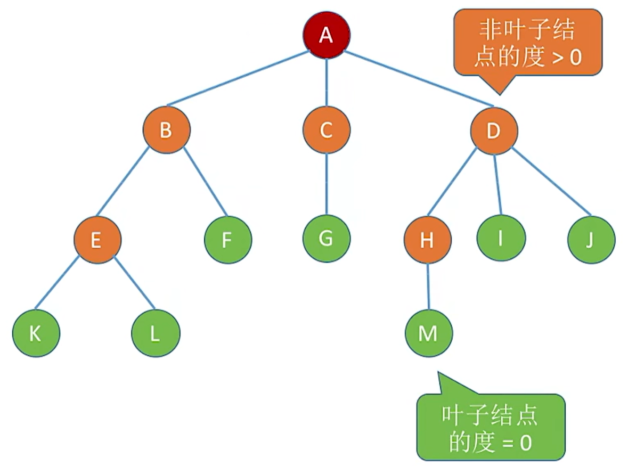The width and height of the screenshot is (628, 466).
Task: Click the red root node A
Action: [x=326, y=35]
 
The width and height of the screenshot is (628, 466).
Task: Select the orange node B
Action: [x=166, y=130]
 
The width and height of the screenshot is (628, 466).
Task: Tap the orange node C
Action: [x=327, y=130]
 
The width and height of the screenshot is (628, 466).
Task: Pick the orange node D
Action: [x=494, y=130]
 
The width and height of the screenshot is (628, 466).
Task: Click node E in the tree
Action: [x=96, y=240]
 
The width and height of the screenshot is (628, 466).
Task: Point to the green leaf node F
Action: [x=227, y=240]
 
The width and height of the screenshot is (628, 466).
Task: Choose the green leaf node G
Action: [x=327, y=238]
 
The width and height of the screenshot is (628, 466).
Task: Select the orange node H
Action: [x=427, y=240]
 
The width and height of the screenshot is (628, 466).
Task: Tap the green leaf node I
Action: [x=500, y=238]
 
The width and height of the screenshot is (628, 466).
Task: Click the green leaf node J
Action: [x=591, y=240]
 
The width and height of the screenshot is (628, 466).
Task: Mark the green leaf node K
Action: [x=36, y=333]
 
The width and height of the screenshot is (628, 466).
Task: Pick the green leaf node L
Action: [x=155, y=333]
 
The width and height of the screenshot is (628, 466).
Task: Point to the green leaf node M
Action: [x=428, y=333]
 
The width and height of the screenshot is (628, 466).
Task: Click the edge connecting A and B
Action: [x=238, y=78]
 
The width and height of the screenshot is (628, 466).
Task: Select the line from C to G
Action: [x=327, y=184]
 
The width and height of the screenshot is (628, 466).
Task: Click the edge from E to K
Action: [x=58, y=283]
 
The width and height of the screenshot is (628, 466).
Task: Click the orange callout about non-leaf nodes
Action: [x=527, y=43]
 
